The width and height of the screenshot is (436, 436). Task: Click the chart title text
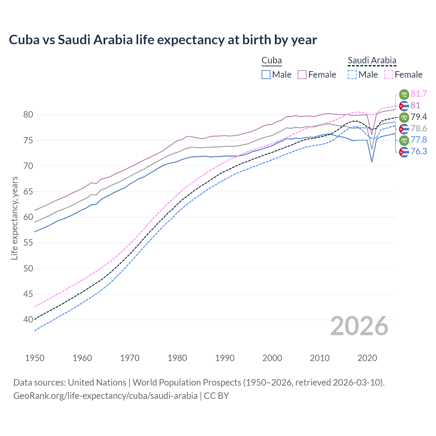coord(163,40)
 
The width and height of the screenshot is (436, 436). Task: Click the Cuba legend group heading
coord(271,61)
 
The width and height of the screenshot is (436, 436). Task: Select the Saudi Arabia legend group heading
coord(372,61)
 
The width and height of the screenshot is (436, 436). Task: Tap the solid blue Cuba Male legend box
coord(266,75)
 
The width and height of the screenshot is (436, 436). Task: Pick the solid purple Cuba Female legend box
coord(302,75)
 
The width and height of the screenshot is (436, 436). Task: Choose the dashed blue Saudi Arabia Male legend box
coord(352,75)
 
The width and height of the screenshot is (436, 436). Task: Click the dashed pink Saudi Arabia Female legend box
coord(389,75)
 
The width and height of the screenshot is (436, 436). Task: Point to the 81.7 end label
coord(419,94)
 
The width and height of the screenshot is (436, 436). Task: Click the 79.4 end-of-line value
coord(419,117)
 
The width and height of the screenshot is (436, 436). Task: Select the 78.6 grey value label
coord(419,128)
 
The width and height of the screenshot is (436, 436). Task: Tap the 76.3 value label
coord(419,151)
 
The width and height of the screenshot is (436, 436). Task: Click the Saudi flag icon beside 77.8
coord(404,140)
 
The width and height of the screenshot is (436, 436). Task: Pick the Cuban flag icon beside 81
coord(404,106)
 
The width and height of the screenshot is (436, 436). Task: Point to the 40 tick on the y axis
coord(28,320)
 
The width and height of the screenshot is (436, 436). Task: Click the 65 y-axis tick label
coord(28,192)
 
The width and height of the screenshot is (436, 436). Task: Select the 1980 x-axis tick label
coord(177,358)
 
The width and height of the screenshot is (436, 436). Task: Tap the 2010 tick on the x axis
coord(320,358)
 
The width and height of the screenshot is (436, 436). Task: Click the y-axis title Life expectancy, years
coord(14,218)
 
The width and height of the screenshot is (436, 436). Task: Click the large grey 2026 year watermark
coord(359,326)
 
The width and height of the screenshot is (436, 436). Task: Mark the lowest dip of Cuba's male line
coord(372,162)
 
